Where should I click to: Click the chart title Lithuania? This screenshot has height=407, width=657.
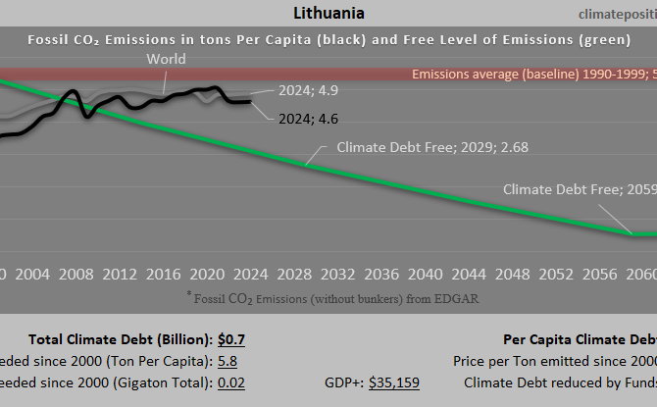tap(328, 14)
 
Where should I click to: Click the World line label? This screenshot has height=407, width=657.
tap(166, 60)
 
